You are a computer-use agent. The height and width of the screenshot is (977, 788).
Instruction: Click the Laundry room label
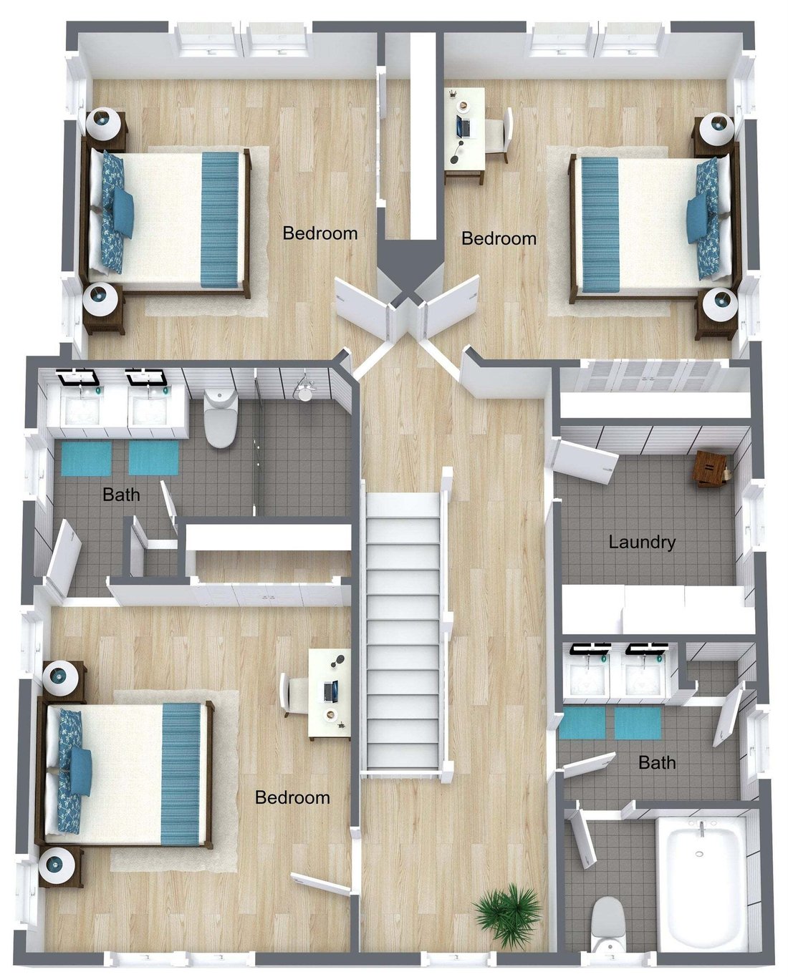coord(642,543)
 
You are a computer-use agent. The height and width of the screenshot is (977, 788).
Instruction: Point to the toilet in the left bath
coord(221,418)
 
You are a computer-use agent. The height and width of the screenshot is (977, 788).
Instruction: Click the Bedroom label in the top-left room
coord(320,233)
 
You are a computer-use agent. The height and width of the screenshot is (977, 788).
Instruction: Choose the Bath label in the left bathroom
coord(121,495)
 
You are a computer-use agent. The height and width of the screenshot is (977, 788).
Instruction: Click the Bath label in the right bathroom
coord(657,762)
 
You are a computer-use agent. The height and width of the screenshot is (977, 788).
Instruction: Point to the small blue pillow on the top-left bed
coord(122,213)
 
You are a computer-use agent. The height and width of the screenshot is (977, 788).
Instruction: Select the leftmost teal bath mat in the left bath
coord(87,459)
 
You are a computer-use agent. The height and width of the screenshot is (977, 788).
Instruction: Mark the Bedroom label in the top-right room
coord(499,239)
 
